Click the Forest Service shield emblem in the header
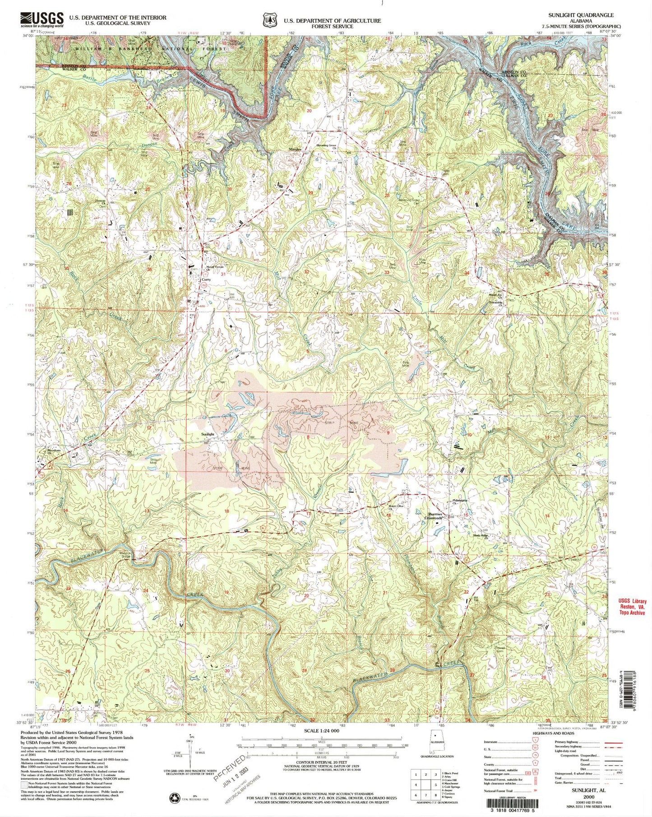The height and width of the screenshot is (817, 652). point(269,20)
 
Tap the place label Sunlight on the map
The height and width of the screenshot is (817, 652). point(207,434)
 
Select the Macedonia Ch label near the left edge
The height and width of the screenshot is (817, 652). point(55,451)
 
